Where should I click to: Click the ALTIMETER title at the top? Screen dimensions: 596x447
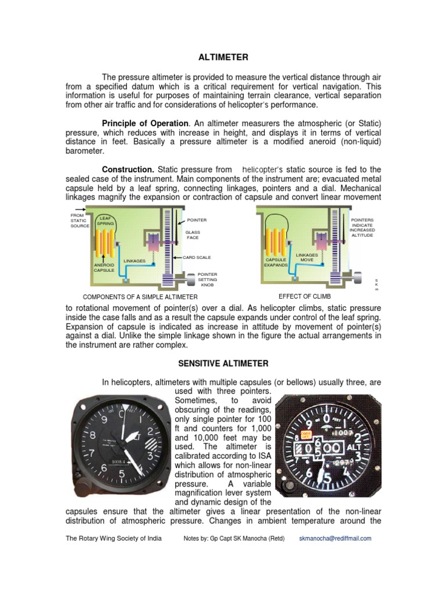pos(223,57)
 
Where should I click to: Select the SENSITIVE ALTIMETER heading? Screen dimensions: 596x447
pos(223,364)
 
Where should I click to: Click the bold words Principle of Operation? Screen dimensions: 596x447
pos(145,123)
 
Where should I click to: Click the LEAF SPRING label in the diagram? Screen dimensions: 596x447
pos(105,221)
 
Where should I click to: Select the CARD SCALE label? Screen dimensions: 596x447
pos(197,257)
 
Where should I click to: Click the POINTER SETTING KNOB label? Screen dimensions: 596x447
pos(207,279)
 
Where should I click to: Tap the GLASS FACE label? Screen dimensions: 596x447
pos(193,235)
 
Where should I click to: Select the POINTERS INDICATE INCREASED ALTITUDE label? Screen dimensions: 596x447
pos(363,228)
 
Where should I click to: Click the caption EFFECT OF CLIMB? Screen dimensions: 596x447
pos(305,296)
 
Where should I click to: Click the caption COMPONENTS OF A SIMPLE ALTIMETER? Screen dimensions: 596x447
pos(140,297)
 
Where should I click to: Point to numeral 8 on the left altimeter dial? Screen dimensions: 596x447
pos(91,435)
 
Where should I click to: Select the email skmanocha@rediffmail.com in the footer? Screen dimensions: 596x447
pos(335,538)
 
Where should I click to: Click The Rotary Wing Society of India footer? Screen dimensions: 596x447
pos(113,538)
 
